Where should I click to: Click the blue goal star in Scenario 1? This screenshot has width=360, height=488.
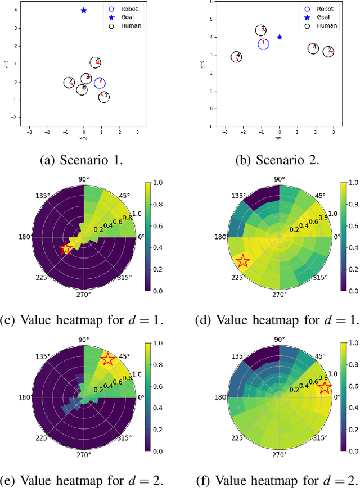(x=84, y=10)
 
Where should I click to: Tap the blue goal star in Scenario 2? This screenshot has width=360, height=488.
(x=280, y=37)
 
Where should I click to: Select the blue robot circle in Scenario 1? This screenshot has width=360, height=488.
(x=100, y=83)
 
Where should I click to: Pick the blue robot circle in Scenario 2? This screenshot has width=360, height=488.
(x=263, y=44)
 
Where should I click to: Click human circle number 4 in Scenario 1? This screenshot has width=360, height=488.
(x=96, y=62)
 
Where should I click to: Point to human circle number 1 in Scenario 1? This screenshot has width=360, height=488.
(x=103, y=97)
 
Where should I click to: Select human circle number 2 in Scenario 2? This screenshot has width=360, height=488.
(x=328, y=51)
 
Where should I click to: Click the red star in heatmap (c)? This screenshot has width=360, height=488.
(x=66, y=248)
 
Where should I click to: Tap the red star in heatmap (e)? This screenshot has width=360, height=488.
(x=107, y=360)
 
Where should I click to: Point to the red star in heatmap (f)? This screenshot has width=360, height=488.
(x=325, y=387)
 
